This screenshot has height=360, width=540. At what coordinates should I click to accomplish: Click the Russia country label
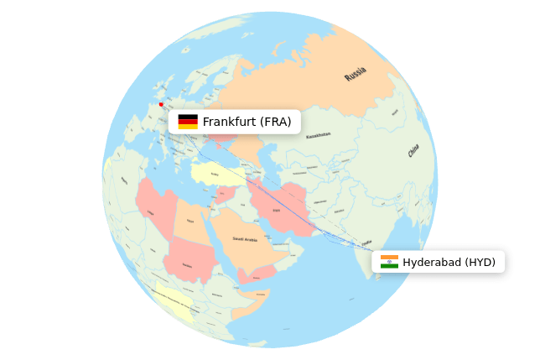[x=356, y=74]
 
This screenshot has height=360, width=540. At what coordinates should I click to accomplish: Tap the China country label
[x=413, y=151]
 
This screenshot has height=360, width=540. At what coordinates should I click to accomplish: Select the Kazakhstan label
[x=319, y=135]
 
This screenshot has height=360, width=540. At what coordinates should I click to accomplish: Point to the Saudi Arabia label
[x=245, y=239]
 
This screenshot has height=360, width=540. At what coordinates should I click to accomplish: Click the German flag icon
[x=188, y=122]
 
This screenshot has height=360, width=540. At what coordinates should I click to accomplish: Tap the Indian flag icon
[x=389, y=262]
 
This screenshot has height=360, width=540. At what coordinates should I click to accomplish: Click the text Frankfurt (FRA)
[x=247, y=123]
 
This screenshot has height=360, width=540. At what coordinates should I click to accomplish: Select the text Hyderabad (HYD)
[x=449, y=263]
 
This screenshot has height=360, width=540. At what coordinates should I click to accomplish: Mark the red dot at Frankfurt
[x=161, y=105]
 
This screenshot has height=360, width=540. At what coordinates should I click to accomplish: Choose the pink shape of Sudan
[x=188, y=260]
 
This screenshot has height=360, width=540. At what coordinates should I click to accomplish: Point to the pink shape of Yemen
[x=256, y=274]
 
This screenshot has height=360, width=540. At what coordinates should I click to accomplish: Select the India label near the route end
[x=366, y=243]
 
